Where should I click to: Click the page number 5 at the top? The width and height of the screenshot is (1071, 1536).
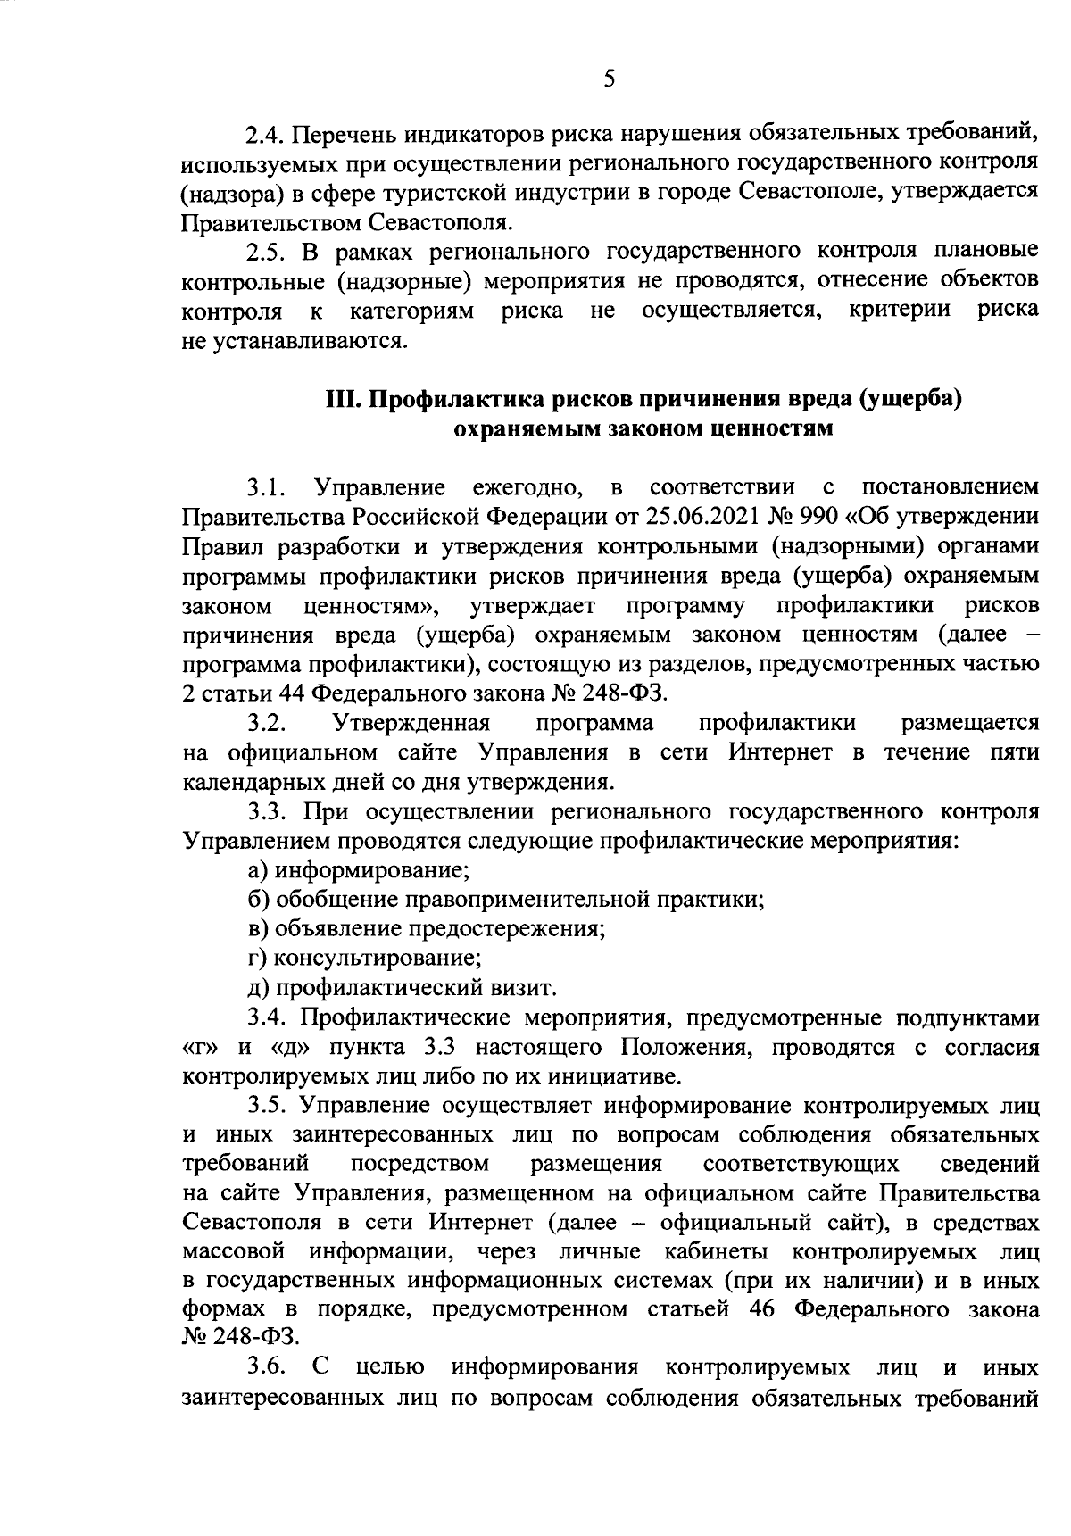pyautogui.click(x=609, y=79)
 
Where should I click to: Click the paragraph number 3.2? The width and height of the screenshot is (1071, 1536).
pyautogui.click(x=265, y=722)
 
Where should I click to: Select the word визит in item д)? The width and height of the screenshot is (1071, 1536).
pyautogui.click(x=527, y=987)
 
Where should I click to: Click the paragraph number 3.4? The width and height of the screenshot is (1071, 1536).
pyautogui.click(x=265, y=1017)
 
